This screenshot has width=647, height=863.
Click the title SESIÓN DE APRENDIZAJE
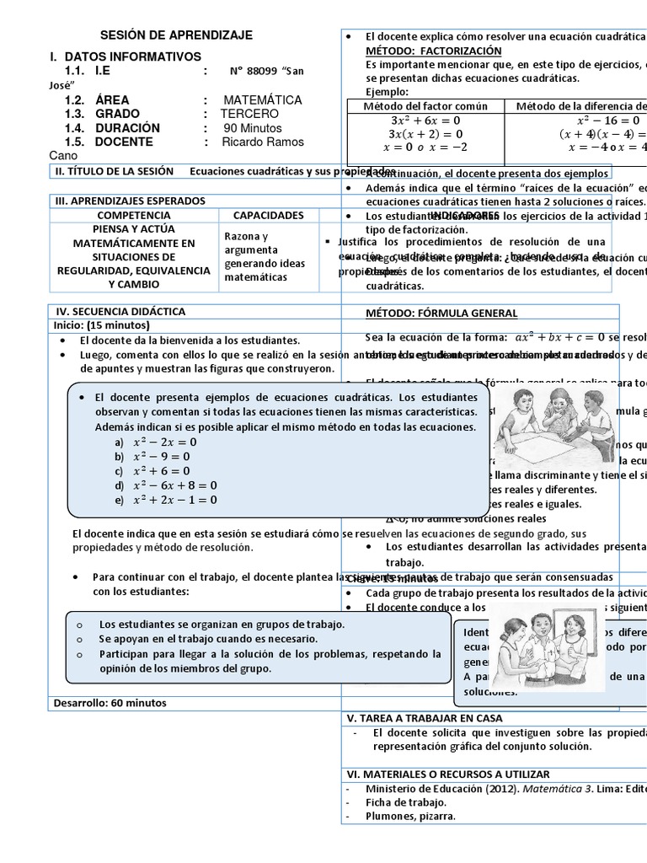coord(176,35)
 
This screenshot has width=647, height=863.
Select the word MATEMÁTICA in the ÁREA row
coord(263,99)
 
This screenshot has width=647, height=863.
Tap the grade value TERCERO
coord(249,114)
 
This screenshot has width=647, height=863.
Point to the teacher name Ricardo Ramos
coord(264,142)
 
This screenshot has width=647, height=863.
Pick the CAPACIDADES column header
coord(268,215)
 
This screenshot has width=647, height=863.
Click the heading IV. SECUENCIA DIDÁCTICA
coord(120,311)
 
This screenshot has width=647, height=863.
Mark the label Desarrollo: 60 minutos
coord(110,702)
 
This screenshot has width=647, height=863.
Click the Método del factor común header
coord(425,106)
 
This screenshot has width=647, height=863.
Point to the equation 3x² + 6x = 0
coord(425,121)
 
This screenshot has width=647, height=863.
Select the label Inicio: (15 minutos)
coord(101,325)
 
